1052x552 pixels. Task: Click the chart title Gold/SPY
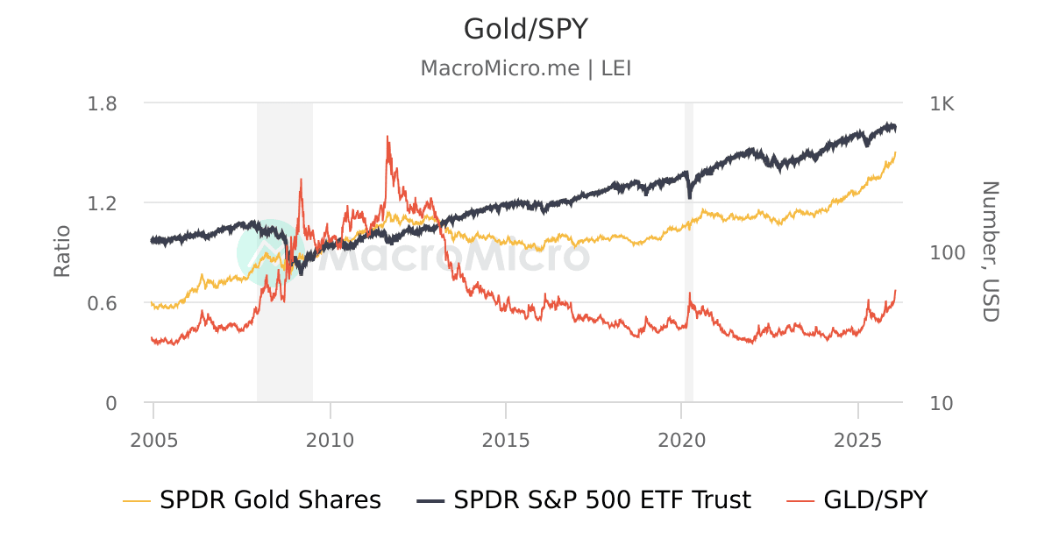pos(525,30)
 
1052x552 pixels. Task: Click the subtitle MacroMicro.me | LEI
pos(525,68)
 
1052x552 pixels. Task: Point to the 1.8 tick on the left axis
pos(103,103)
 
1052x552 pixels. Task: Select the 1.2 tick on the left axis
pos(103,203)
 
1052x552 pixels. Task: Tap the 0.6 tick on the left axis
pos(103,303)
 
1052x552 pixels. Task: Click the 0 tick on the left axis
pos(111,403)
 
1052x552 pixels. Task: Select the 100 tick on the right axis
pos(947,253)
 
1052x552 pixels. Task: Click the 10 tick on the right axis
pos(942,403)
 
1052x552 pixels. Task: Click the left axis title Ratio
pos(62,252)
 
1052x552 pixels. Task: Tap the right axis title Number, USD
pos(990,252)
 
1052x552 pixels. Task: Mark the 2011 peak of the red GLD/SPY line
pos(387,137)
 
